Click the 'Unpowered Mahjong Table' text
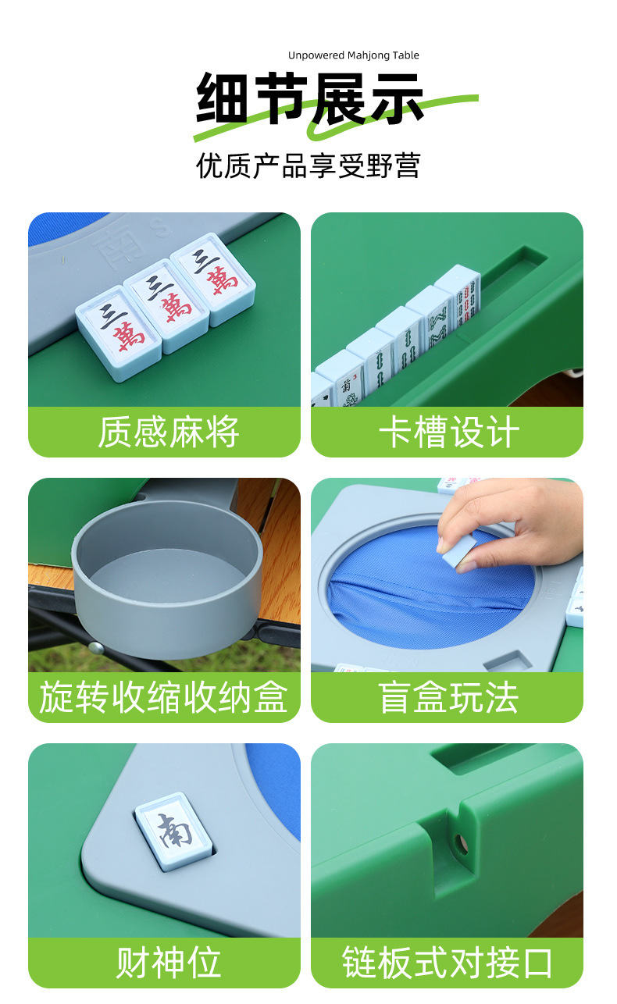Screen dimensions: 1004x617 pos(353,55)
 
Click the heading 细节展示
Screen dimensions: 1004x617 pos(309,99)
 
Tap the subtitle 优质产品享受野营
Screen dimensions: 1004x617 pos(308,166)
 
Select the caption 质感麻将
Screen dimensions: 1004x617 pos(168,432)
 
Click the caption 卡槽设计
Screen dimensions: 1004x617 pos(448,432)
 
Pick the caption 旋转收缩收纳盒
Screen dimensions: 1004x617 pos(164,697)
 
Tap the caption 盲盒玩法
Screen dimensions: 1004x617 pos(448,697)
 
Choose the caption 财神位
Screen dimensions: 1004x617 pos(168,963)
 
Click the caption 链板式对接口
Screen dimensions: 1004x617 pos(448,963)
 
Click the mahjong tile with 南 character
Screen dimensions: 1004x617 pos(175,828)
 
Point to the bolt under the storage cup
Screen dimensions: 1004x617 pos(96,646)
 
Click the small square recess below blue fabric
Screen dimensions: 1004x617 pos(508,663)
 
